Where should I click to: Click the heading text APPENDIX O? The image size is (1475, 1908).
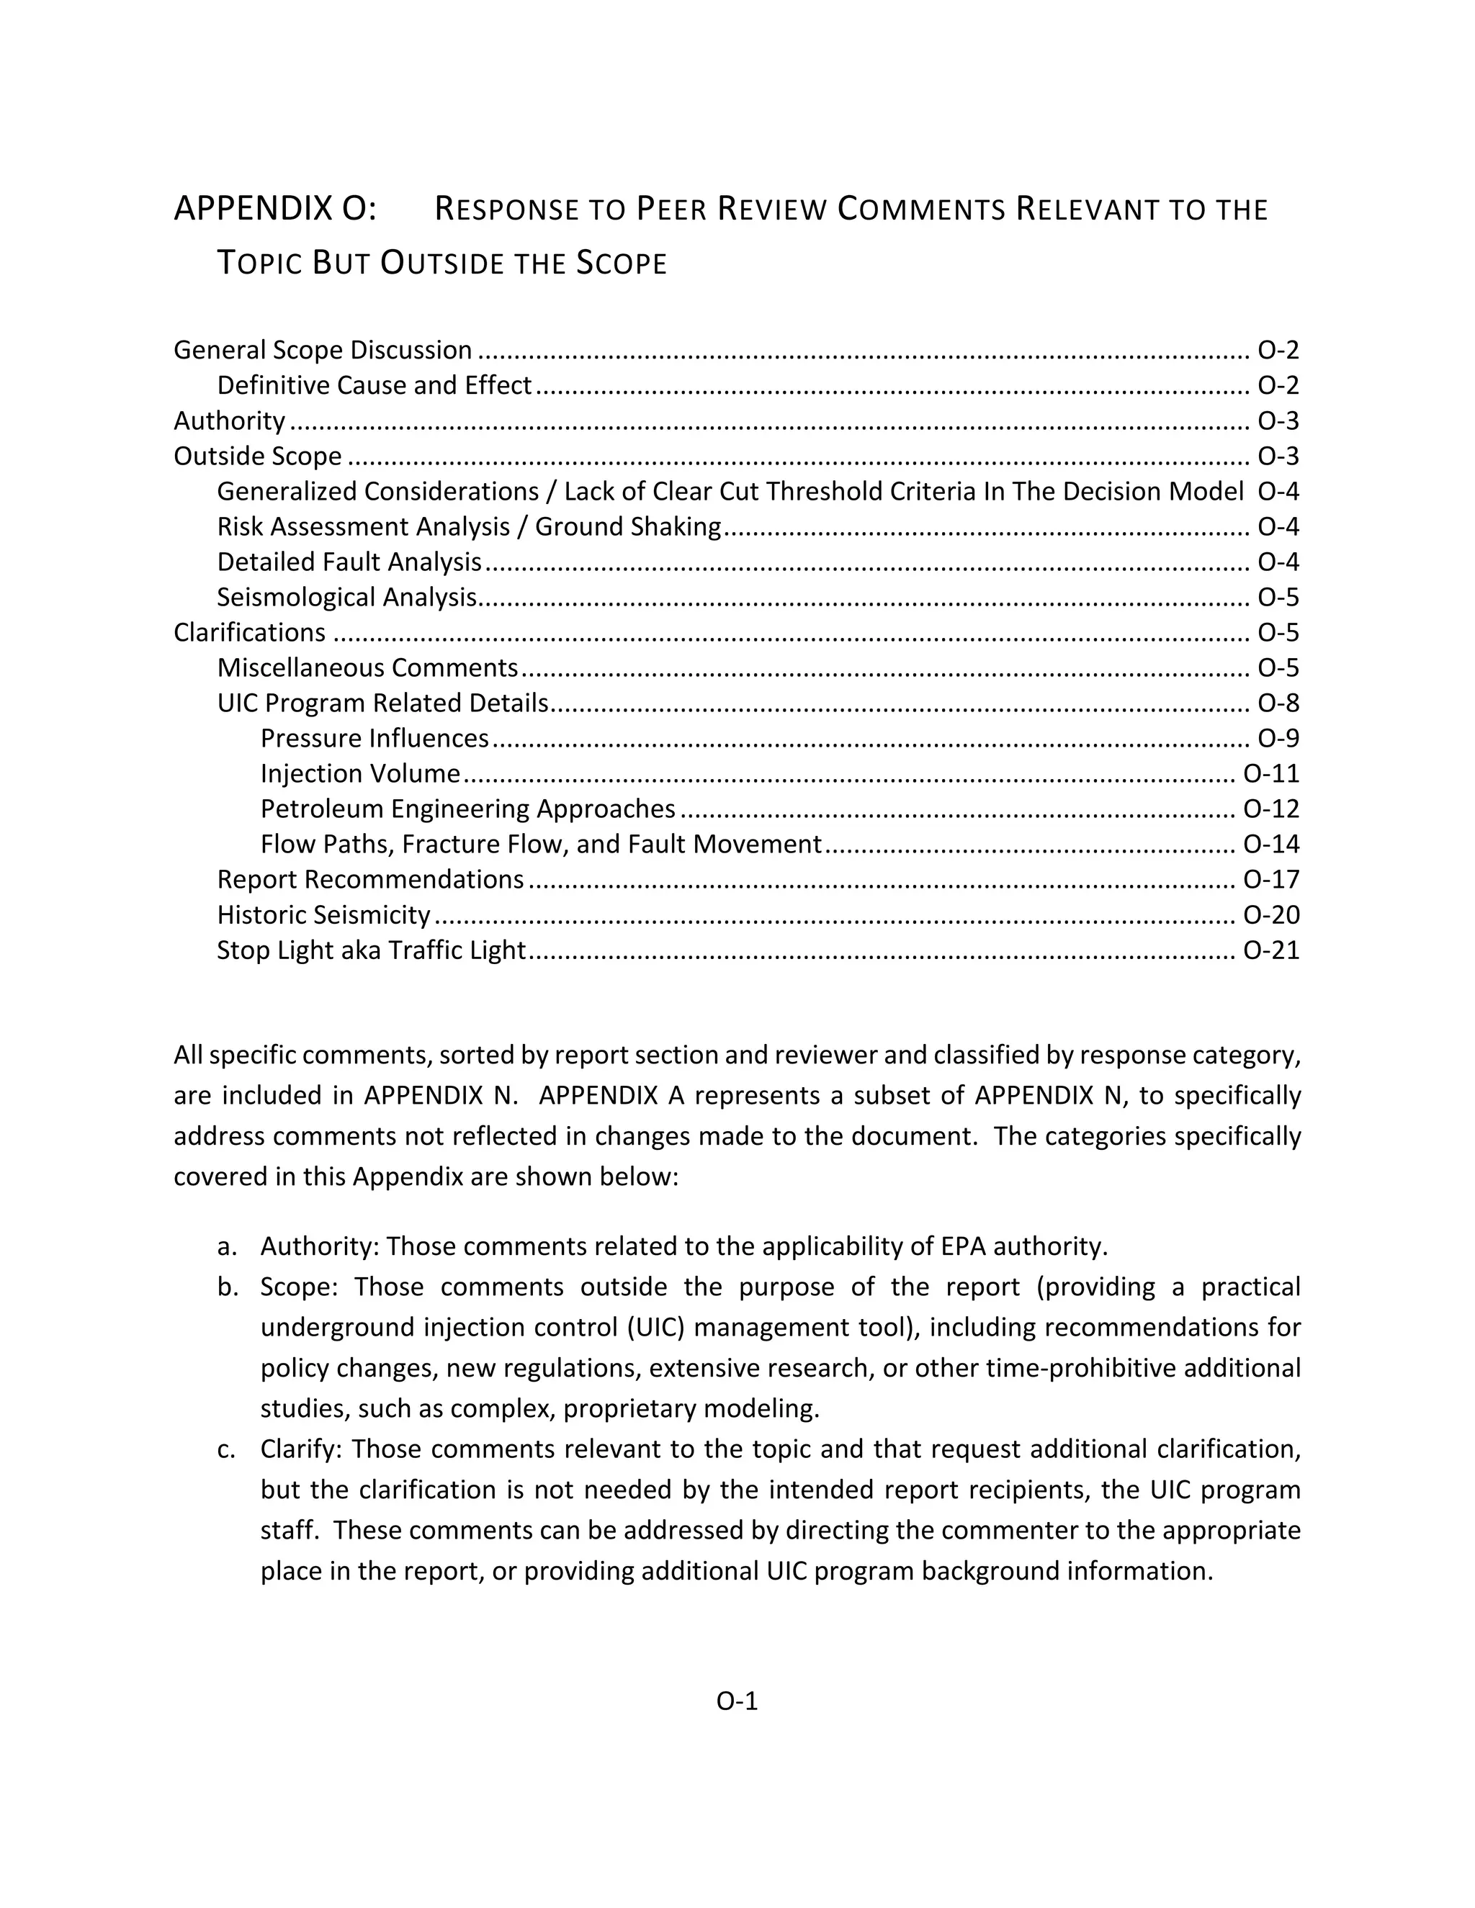(275, 210)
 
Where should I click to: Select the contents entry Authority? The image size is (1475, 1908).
(229, 421)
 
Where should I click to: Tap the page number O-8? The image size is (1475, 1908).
(1278, 703)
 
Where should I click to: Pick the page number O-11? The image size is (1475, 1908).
(1270, 774)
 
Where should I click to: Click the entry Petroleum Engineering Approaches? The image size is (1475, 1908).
(467, 809)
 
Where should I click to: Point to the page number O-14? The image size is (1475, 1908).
(1270, 845)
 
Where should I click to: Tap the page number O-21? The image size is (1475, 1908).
(1270, 950)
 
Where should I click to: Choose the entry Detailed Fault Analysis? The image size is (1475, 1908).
(349, 562)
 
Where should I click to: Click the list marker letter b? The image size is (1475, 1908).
(226, 1287)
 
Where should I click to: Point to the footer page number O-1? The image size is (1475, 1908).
(737, 1701)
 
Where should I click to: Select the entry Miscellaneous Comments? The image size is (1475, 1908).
(368, 668)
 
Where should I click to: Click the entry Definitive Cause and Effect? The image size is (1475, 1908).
(374, 385)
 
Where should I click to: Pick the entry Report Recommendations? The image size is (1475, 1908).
(370, 880)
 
